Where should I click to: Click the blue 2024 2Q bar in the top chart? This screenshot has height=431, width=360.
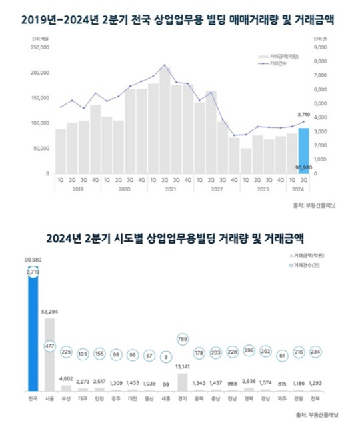pyautogui.click(x=303, y=150)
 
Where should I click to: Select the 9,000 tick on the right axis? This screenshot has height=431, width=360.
pyautogui.click(x=319, y=47)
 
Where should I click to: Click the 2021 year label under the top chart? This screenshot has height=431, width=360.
pyautogui.click(x=170, y=189)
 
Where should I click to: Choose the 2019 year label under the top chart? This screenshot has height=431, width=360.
pyautogui.click(x=78, y=189)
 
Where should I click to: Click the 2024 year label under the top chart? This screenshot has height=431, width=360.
pyautogui.click(x=299, y=189)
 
